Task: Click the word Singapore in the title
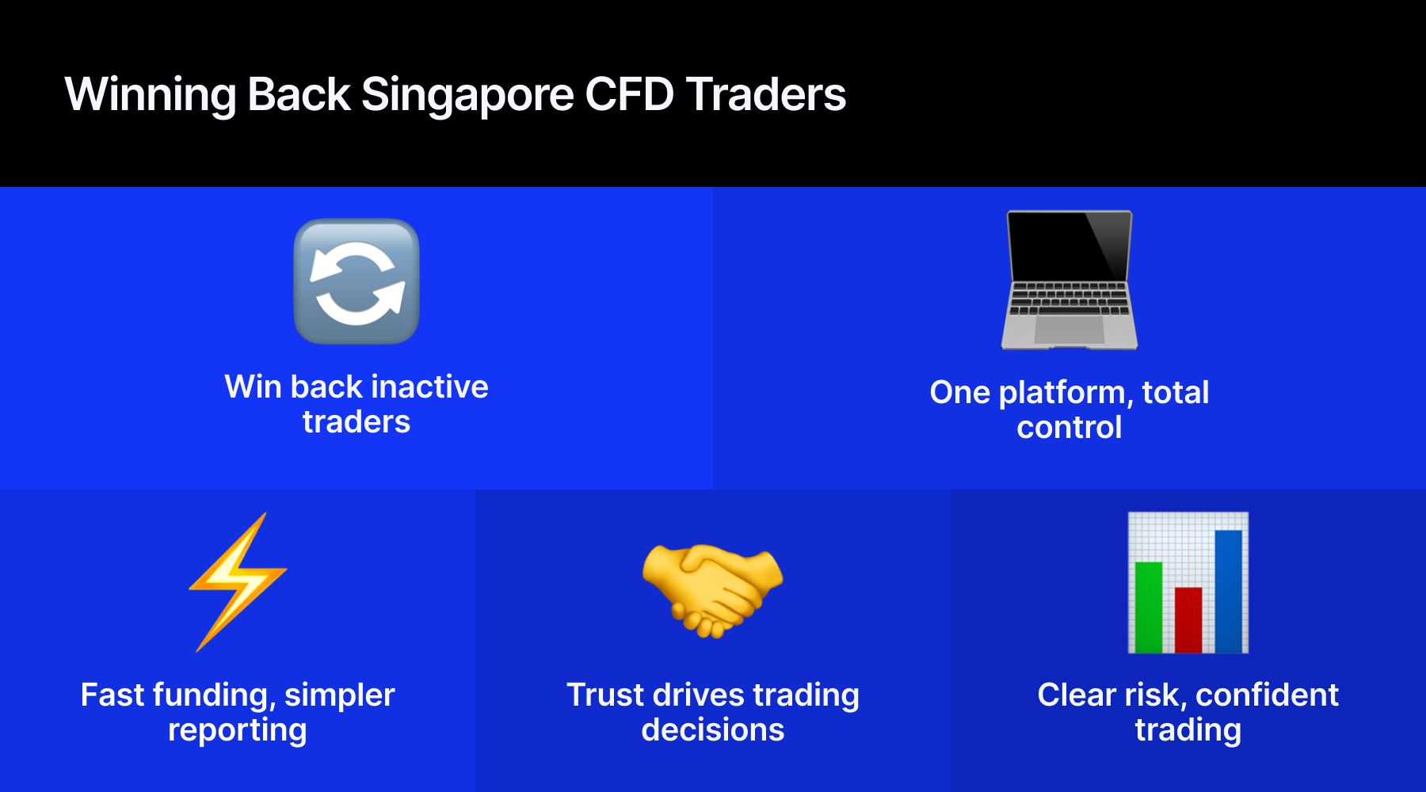pos(467,95)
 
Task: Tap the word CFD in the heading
pos(629,95)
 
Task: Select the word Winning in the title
pos(151,95)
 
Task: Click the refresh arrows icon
pos(356,281)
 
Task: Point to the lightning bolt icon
pos(238,582)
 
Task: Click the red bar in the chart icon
pos(1188,619)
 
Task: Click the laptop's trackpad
pos(1069,329)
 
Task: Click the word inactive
pos(429,386)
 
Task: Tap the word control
pos(1069,428)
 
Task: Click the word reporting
pos(238,730)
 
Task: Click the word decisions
pos(713,730)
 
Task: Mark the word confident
pos(1267,695)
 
